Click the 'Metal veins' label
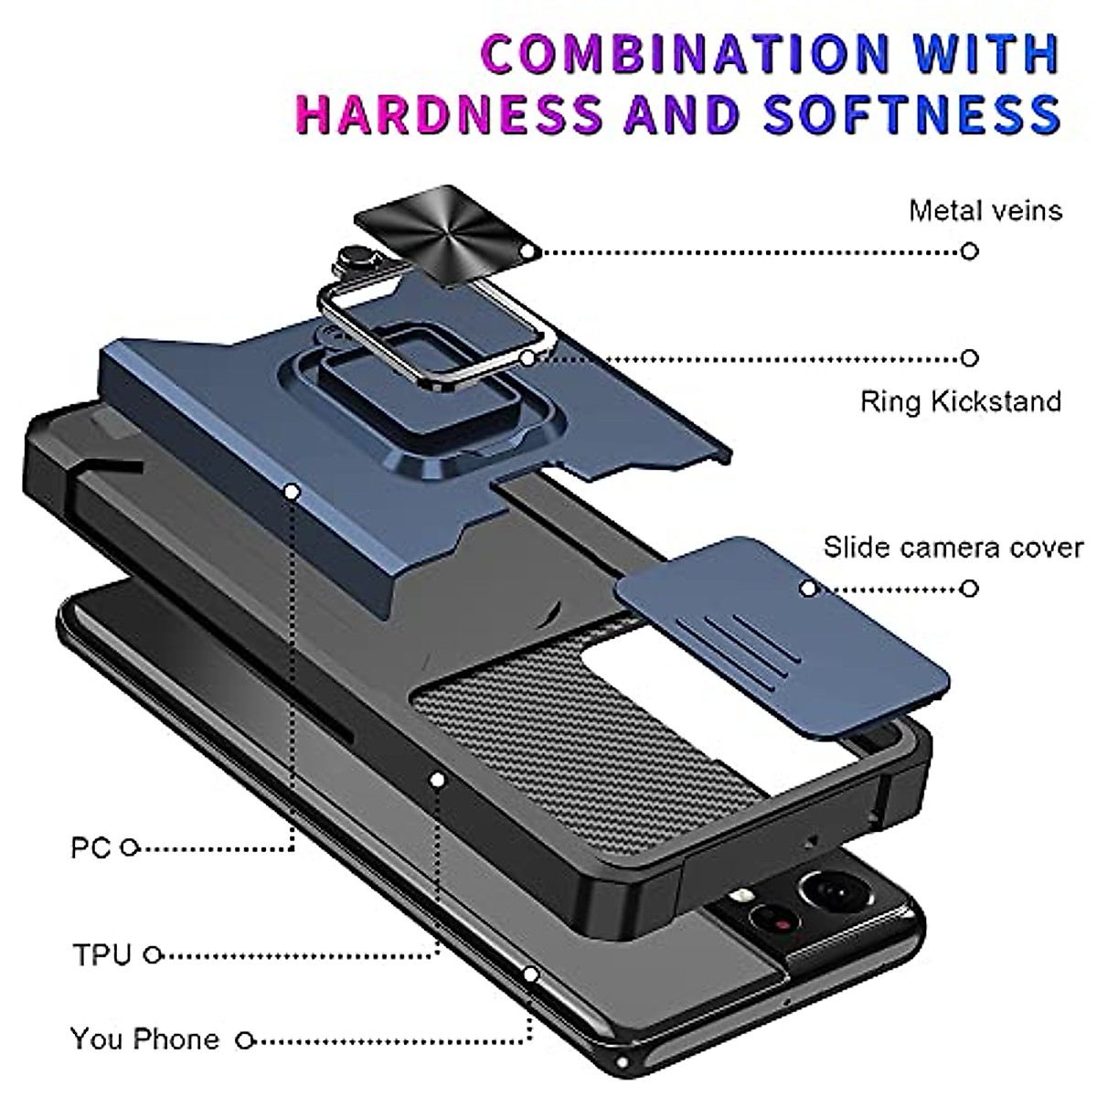[985, 210]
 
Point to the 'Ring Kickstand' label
[960, 401]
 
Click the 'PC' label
[91, 848]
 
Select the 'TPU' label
[102, 955]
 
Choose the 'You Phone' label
[144, 1039]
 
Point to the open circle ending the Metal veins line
[970, 250]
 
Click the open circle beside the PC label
[130, 848]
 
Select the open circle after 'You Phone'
[244, 1039]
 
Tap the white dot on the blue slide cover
[807, 589]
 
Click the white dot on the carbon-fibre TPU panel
[438, 780]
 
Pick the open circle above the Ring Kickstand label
[970, 358]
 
